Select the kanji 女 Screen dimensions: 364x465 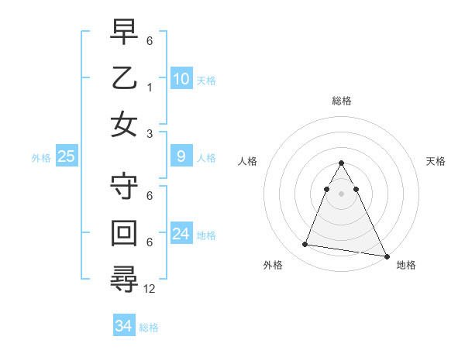125,124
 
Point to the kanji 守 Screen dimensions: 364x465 125,186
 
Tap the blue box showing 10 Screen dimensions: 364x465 181,79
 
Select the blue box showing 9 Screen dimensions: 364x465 181,157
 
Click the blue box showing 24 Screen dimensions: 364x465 181,234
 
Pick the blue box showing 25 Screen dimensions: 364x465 67,157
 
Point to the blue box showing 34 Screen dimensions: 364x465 123,326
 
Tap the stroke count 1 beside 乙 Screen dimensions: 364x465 150,87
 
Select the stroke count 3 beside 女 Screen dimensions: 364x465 150,133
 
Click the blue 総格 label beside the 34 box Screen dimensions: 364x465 149,328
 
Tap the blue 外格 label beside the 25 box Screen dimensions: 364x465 41,158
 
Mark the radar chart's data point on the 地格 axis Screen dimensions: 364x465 387,256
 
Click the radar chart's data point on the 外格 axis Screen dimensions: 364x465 305,245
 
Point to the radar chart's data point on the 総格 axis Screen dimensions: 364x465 341,163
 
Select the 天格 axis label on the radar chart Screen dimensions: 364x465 436,161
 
